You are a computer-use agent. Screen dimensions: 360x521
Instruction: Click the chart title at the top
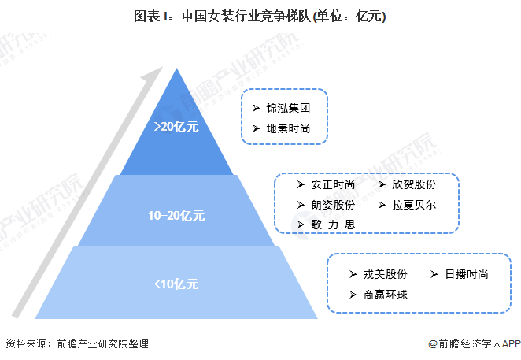pyautogui.click(x=260, y=17)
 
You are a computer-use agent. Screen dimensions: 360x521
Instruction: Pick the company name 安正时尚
pyautogui.click(x=333, y=186)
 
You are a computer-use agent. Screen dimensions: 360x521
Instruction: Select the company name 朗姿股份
pyautogui.click(x=333, y=206)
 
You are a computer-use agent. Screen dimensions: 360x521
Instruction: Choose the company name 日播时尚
pyautogui.click(x=467, y=275)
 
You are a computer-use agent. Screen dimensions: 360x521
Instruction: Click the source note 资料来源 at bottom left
pyautogui.click(x=76, y=344)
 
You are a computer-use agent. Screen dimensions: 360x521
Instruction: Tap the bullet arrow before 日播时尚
pyautogui.click(x=435, y=275)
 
